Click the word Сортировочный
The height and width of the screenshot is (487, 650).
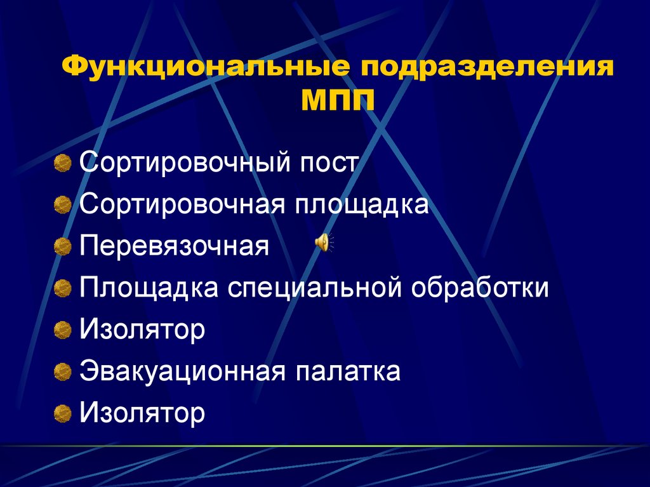coord(182,163)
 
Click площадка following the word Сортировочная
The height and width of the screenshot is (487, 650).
coord(361,204)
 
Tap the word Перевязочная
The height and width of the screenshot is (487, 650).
coord(175,246)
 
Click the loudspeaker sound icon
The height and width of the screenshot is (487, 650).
coord(323,243)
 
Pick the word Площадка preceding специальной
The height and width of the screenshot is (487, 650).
coord(150,288)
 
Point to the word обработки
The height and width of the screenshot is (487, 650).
coord(480,288)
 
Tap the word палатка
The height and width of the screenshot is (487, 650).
coord(347,371)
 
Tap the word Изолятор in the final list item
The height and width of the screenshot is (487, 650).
coord(142,413)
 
